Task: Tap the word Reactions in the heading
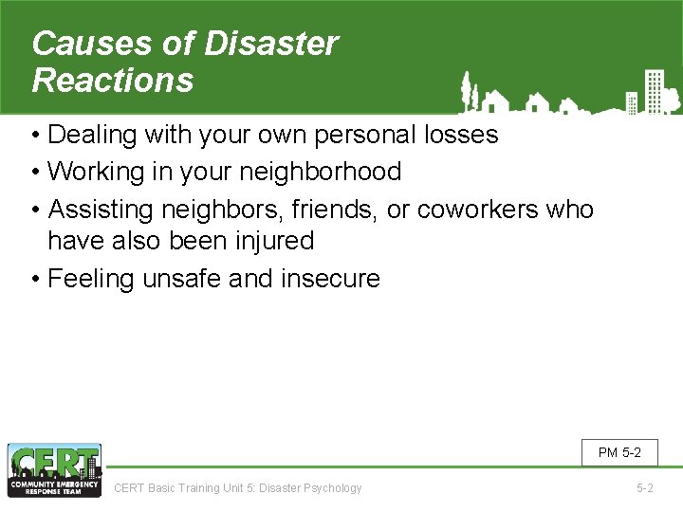pos(113,81)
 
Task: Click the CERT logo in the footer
pos(54,470)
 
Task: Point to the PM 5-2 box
pos(619,452)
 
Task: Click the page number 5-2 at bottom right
pos(644,488)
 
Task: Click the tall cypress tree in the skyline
pos(466,91)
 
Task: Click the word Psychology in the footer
pos(331,488)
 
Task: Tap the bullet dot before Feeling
pos(35,279)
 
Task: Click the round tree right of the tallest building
pos(671,97)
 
